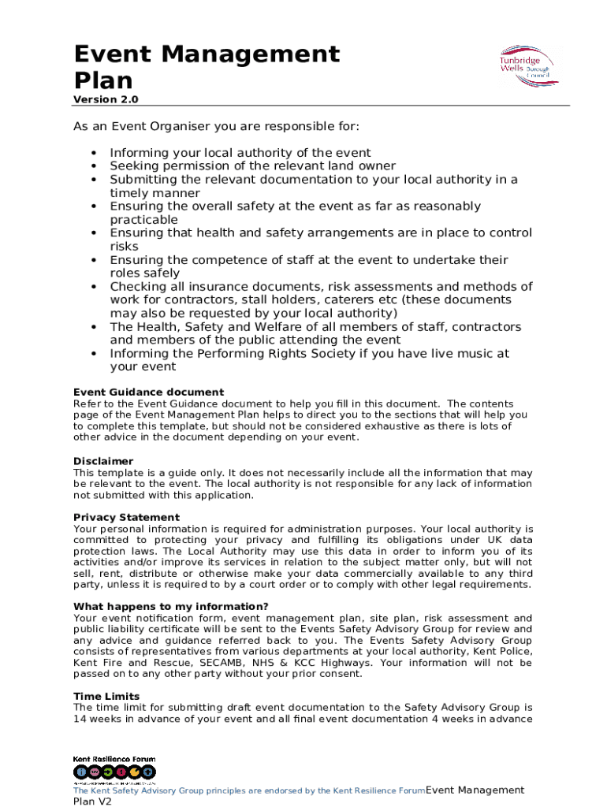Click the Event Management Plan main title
[x=207, y=67]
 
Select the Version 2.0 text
[x=106, y=99]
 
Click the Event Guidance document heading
[x=148, y=392]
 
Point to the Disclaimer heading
[x=103, y=461]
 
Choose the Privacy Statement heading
[x=126, y=518]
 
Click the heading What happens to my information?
[x=170, y=606]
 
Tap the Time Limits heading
[x=106, y=696]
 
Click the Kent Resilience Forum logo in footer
[x=114, y=770]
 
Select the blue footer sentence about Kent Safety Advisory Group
[x=249, y=790]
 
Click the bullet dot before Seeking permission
[x=93, y=166]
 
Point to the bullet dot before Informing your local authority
[x=93, y=153]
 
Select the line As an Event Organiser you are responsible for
[x=216, y=126]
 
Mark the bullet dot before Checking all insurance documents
[x=93, y=287]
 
